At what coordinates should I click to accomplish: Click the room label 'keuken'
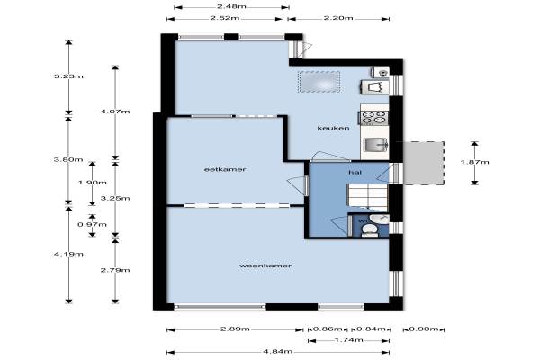[x=333, y=128]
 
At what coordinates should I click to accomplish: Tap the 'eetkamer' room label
[x=225, y=169]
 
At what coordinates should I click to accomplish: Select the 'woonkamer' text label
[x=265, y=265]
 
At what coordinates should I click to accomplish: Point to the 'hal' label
[x=355, y=172]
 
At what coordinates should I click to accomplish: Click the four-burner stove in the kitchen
[x=374, y=118]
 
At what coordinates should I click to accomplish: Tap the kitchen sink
[x=375, y=144]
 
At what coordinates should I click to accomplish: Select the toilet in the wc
[x=370, y=229]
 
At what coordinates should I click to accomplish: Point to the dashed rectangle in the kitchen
[x=319, y=82]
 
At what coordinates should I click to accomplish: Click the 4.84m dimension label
[x=278, y=351]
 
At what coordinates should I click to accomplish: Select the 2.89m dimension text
[x=235, y=329]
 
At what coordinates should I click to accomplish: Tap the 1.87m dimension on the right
[x=475, y=162]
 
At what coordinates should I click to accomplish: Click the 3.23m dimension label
[x=69, y=76]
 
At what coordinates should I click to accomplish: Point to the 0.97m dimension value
[x=93, y=225]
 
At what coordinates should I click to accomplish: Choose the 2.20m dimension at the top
[x=338, y=18]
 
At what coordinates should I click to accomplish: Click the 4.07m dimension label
[x=115, y=112]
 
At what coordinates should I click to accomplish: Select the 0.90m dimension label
[x=424, y=329]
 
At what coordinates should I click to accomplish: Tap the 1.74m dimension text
[x=349, y=340]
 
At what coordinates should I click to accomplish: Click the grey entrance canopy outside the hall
[x=424, y=163]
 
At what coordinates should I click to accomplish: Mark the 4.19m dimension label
[x=69, y=254]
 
